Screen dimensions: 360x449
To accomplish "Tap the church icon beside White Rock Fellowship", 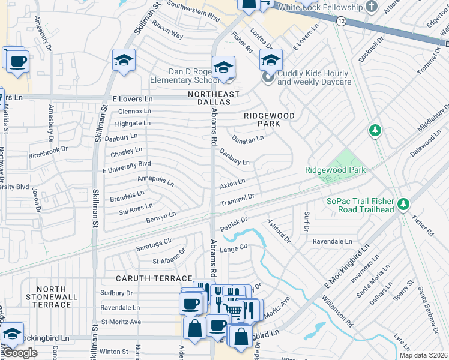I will click(372, 7).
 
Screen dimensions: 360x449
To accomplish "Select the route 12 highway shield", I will click(341, 21).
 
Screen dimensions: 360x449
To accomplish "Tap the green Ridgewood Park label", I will click(335, 170).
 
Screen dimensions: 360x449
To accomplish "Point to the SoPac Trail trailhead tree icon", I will click(403, 205).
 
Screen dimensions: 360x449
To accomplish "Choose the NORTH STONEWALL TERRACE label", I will click(51, 297).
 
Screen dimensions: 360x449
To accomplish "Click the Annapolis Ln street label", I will click(155, 180).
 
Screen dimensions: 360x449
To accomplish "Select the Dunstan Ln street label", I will click(248, 139).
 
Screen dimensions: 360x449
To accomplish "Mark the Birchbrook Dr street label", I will click(49, 152).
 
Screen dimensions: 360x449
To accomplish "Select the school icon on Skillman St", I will click(124, 60).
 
